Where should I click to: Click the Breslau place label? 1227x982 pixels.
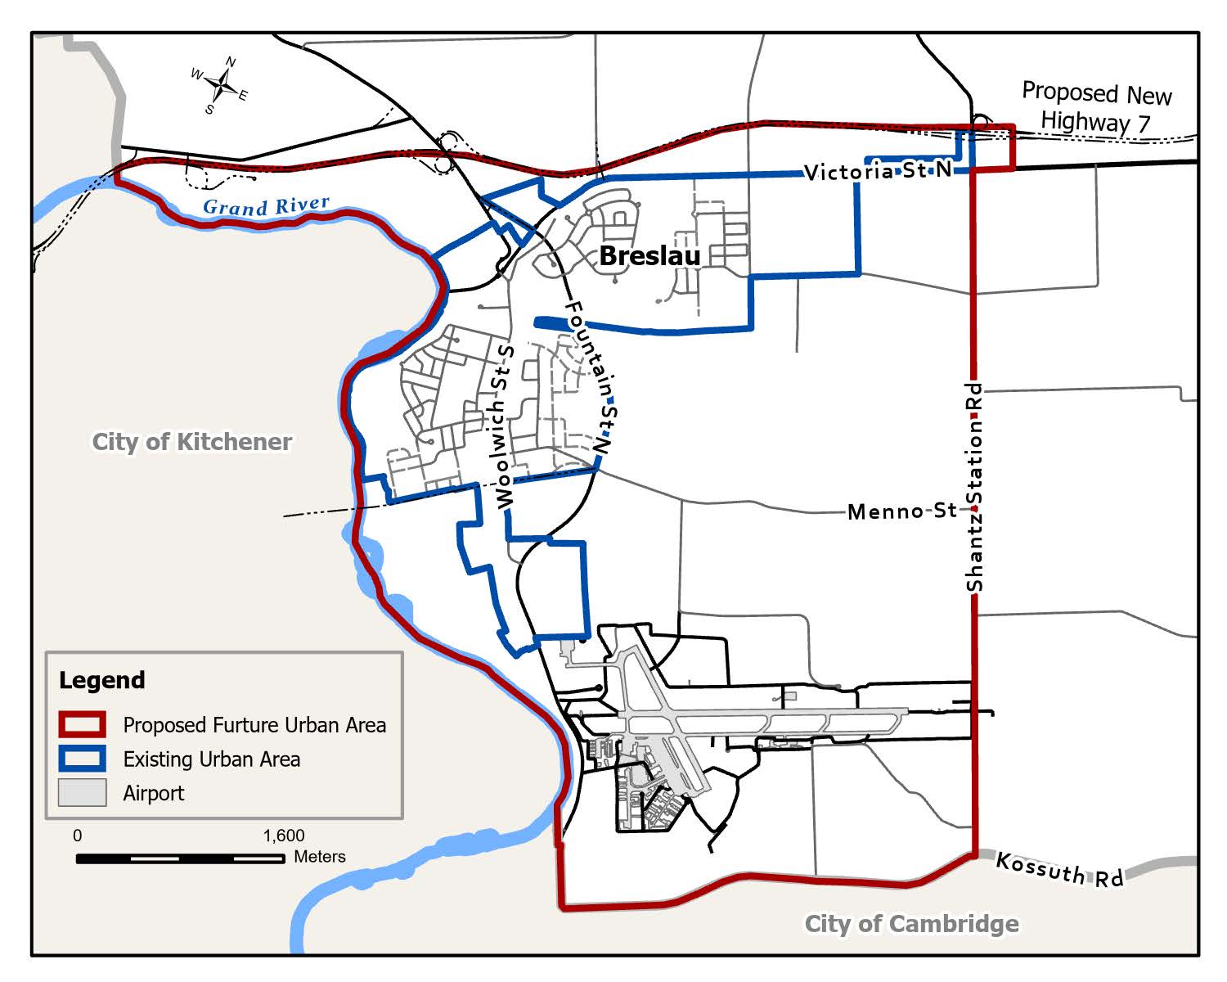coord(650,256)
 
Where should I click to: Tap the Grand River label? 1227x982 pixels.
coord(266,205)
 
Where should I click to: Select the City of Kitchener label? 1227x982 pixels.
coord(192,442)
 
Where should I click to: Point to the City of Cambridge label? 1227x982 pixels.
coord(912,924)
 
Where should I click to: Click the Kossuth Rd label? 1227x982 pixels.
coord(1059,869)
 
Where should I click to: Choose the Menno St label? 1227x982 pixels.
coord(902,511)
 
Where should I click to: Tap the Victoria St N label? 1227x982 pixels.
coord(879,170)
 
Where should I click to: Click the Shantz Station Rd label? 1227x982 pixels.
coord(974,487)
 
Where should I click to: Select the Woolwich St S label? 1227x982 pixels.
coord(504,426)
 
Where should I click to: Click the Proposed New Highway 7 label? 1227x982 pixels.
coord(1096,108)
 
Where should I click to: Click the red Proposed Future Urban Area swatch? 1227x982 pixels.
coord(82,725)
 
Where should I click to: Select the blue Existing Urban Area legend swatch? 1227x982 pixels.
coord(82,759)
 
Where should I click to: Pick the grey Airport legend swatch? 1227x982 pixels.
coord(82,793)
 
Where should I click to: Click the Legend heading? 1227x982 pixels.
coord(102,680)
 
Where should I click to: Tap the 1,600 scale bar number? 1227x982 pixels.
coord(284,836)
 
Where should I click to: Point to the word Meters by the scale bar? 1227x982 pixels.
coord(320,857)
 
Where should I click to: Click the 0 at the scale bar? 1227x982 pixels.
coord(78,836)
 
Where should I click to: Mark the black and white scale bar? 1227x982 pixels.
coord(180,858)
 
